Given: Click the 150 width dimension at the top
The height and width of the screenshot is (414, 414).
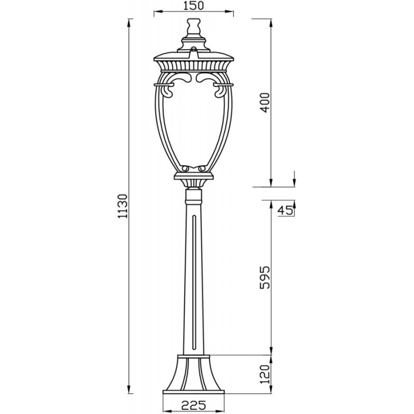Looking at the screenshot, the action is [x=194, y=6].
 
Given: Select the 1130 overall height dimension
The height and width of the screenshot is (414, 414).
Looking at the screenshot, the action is [x=123, y=206].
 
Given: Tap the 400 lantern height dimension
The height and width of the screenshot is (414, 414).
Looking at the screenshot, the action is [x=265, y=102].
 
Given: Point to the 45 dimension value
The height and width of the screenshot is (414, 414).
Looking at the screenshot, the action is [x=285, y=211].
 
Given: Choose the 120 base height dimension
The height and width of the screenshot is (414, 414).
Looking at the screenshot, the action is [x=265, y=374].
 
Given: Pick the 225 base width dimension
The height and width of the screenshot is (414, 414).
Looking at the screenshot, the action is [x=194, y=405].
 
